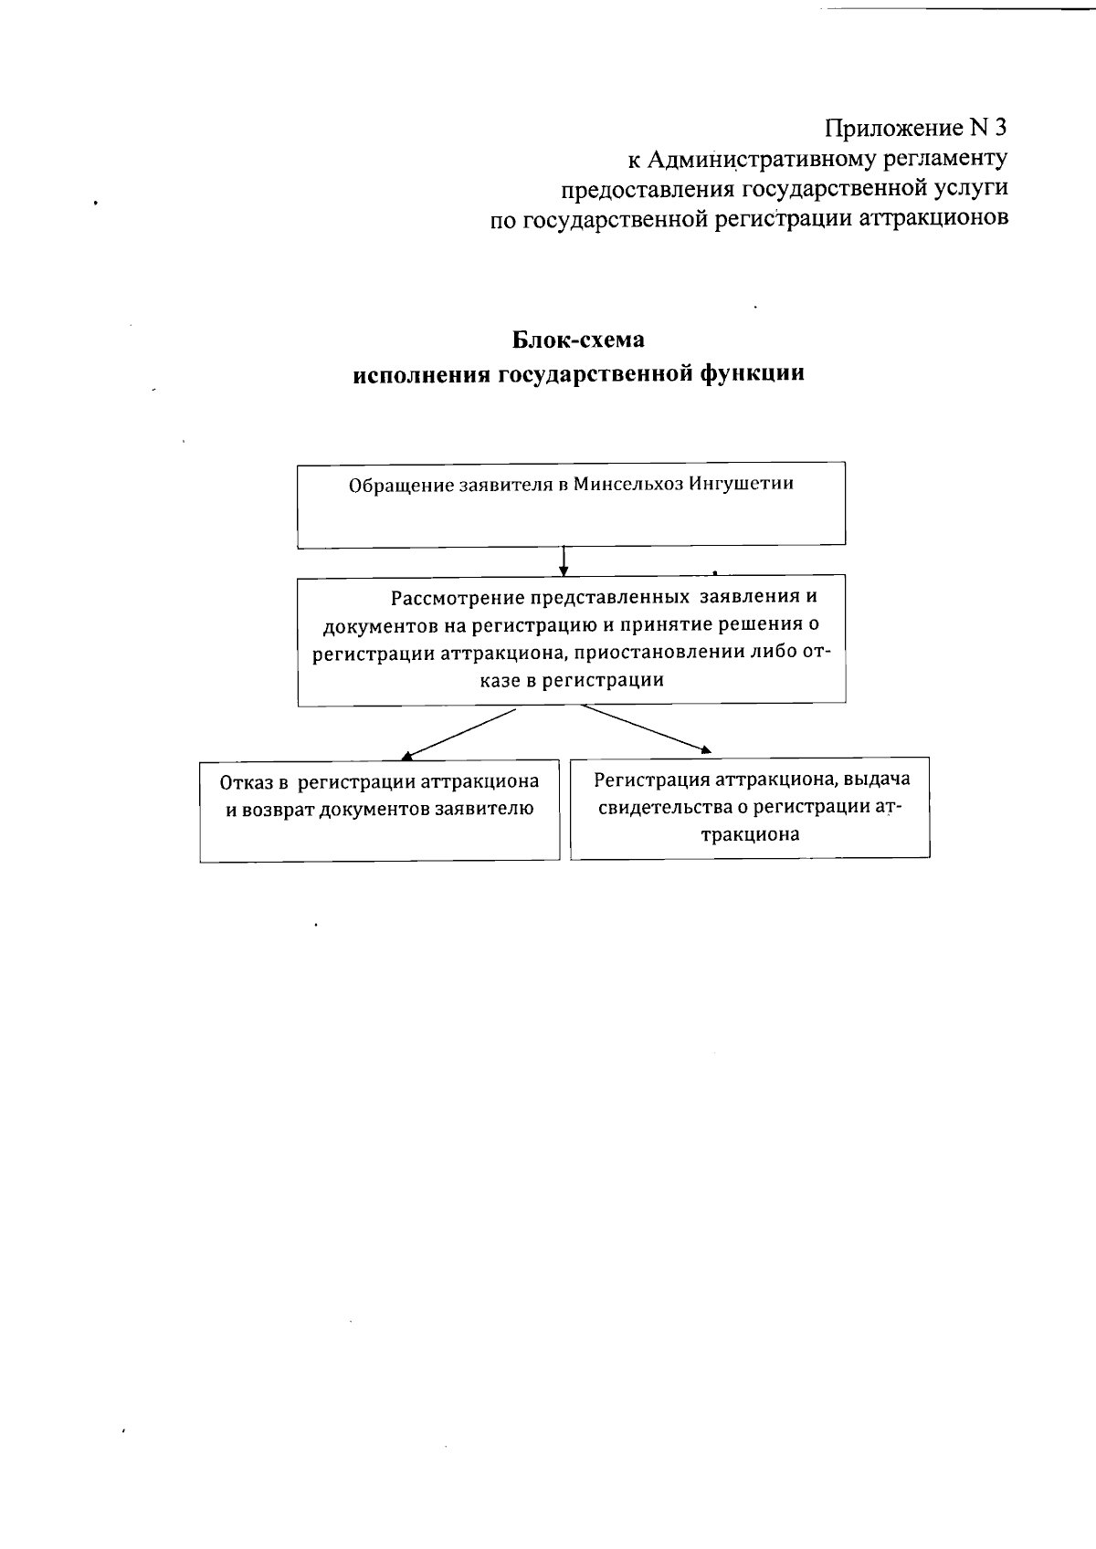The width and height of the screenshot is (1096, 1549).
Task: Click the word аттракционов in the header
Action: (935, 219)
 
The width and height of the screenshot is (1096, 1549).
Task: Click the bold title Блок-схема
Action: (577, 340)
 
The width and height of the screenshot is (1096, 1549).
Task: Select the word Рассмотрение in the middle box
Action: (447, 599)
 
